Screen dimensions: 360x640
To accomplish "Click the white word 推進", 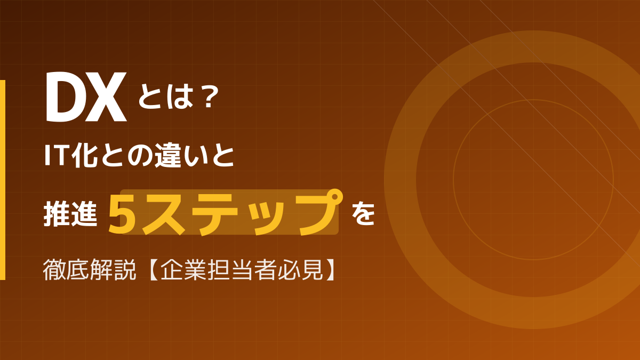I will point(70,212).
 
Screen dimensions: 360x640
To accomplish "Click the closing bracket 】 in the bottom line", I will point(331,270).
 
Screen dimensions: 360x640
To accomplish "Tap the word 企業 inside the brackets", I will point(180,270).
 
